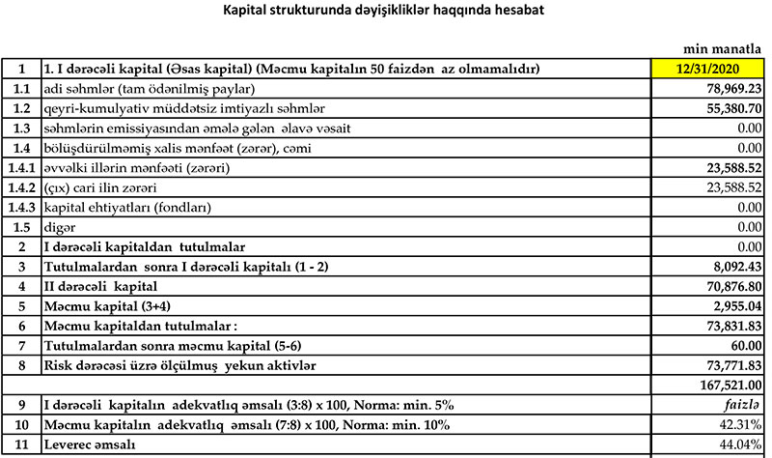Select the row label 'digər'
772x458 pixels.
59,228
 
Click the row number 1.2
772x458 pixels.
20,108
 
